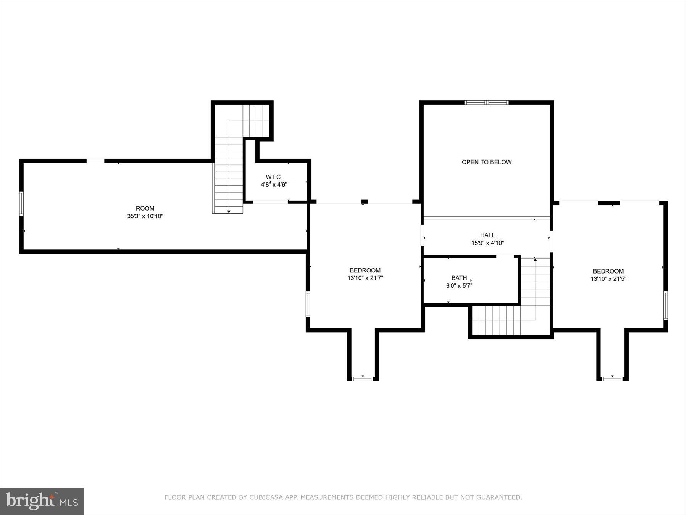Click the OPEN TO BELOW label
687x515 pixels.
click(486, 162)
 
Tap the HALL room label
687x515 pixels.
click(487, 235)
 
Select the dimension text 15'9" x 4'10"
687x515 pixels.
click(487, 243)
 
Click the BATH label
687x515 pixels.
click(459, 278)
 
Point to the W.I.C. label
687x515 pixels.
click(274, 177)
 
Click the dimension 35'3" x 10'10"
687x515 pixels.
click(145, 216)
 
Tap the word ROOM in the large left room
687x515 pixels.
click(145, 208)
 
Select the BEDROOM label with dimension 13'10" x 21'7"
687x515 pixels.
click(365, 270)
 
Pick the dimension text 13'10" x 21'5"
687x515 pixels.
click(608, 279)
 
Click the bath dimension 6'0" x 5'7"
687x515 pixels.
click(459, 286)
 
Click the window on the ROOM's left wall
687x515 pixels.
click(22, 204)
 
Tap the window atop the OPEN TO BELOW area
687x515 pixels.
click(486, 102)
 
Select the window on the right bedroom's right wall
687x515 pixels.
click(665, 306)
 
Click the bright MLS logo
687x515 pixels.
click(42, 501)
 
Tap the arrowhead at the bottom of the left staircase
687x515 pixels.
click(229, 211)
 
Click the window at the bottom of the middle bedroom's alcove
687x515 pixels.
click(362, 378)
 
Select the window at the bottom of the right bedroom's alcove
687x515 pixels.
click(612, 378)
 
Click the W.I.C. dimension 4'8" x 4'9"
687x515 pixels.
click(274, 185)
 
